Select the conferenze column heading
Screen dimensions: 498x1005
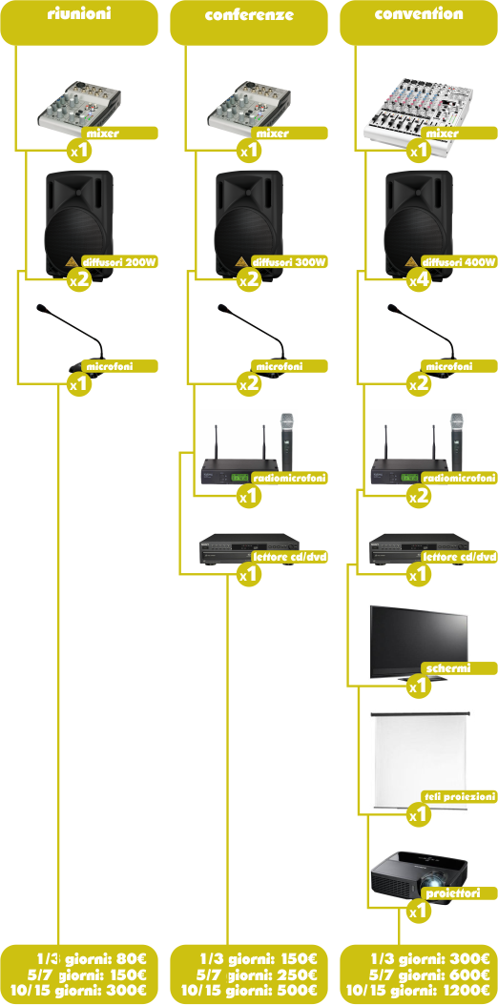pyautogui.click(x=249, y=14)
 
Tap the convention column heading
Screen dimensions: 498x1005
pyautogui.click(x=419, y=13)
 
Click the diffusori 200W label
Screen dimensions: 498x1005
pyautogui.click(x=120, y=261)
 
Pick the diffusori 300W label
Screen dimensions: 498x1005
pyautogui.click(x=290, y=261)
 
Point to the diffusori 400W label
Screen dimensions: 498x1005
pyautogui.click(x=460, y=261)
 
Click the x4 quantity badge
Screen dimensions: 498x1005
pyautogui.click(x=419, y=279)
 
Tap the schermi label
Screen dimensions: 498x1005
pyautogui.click(x=448, y=668)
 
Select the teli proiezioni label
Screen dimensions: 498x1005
pyautogui.click(x=460, y=796)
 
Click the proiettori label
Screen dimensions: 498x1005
pyautogui.click(x=453, y=892)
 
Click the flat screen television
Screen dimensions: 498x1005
pyautogui.click(x=419, y=642)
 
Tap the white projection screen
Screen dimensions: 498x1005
pyautogui.click(x=422, y=757)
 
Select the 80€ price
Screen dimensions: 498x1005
pyautogui.click(x=133, y=959)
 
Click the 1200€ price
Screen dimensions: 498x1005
pyautogui.click(x=466, y=989)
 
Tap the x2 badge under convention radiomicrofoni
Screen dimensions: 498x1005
pyautogui.click(x=419, y=496)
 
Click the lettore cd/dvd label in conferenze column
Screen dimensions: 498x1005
pyautogui.click(x=290, y=556)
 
